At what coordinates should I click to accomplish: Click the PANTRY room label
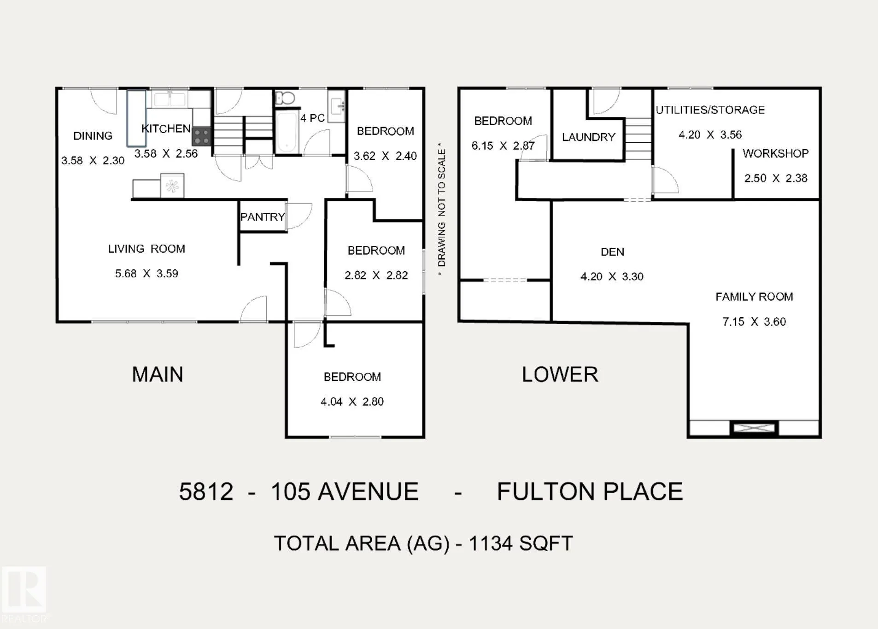pyautogui.click(x=263, y=217)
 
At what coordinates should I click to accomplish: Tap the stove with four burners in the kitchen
pyautogui.click(x=202, y=137)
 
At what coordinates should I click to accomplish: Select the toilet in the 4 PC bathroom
pyautogui.click(x=285, y=98)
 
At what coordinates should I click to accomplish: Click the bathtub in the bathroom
pyautogui.click(x=287, y=131)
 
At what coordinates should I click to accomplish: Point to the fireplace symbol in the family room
pyautogui.click(x=754, y=428)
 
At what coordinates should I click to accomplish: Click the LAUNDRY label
pyautogui.click(x=589, y=137)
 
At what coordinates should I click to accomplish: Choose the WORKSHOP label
pyautogui.click(x=776, y=153)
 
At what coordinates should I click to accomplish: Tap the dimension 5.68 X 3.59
pyautogui.click(x=146, y=274)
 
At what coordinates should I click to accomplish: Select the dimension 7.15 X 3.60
pyautogui.click(x=754, y=321)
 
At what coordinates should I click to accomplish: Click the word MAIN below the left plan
pyautogui.click(x=158, y=374)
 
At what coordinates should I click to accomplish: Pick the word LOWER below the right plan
pyautogui.click(x=560, y=374)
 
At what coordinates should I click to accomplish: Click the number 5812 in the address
pyautogui.click(x=206, y=491)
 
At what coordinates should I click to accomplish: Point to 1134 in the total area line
pyautogui.click(x=490, y=543)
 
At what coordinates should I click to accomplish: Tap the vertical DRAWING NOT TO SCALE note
pyautogui.click(x=441, y=210)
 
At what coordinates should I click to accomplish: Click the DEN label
pyautogui.click(x=612, y=252)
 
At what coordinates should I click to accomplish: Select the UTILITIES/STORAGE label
pyautogui.click(x=710, y=110)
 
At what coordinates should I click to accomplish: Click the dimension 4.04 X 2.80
pyautogui.click(x=352, y=402)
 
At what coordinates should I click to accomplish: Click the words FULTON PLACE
pyautogui.click(x=590, y=491)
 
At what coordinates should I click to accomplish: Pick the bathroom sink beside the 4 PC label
pyautogui.click(x=337, y=106)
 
